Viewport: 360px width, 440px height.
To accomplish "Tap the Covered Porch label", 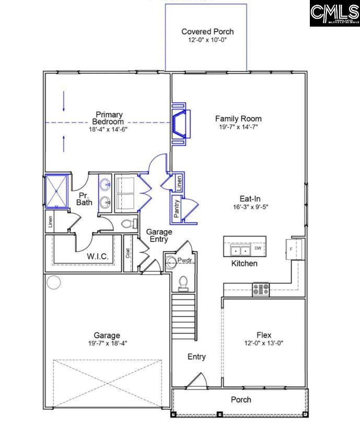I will [x=207, y=32].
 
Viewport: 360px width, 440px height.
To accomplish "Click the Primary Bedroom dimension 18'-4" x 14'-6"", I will [x=109, y=129].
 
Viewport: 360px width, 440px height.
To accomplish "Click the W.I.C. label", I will [x=97, y=256].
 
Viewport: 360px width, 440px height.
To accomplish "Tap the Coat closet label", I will [x=128, y=253].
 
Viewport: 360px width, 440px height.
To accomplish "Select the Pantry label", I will [x=177, y=209].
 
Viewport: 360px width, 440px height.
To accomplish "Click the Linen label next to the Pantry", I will [x=178, y=182].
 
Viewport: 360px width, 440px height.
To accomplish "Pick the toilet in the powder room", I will [x=183, y=282].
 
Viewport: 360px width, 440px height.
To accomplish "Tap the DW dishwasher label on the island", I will [x=258, y=248].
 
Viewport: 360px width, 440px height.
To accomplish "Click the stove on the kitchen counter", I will [x=261, y=288].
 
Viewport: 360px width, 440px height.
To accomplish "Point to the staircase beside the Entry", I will [x=184, y=317].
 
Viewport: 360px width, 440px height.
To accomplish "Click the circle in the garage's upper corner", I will [x=53, y=282].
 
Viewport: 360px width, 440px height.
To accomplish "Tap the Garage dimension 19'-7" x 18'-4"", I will [x=107, y=343].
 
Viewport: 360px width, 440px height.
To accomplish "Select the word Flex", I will [x=263, y=335].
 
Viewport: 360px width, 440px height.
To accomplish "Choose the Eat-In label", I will [x=250, y=198].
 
